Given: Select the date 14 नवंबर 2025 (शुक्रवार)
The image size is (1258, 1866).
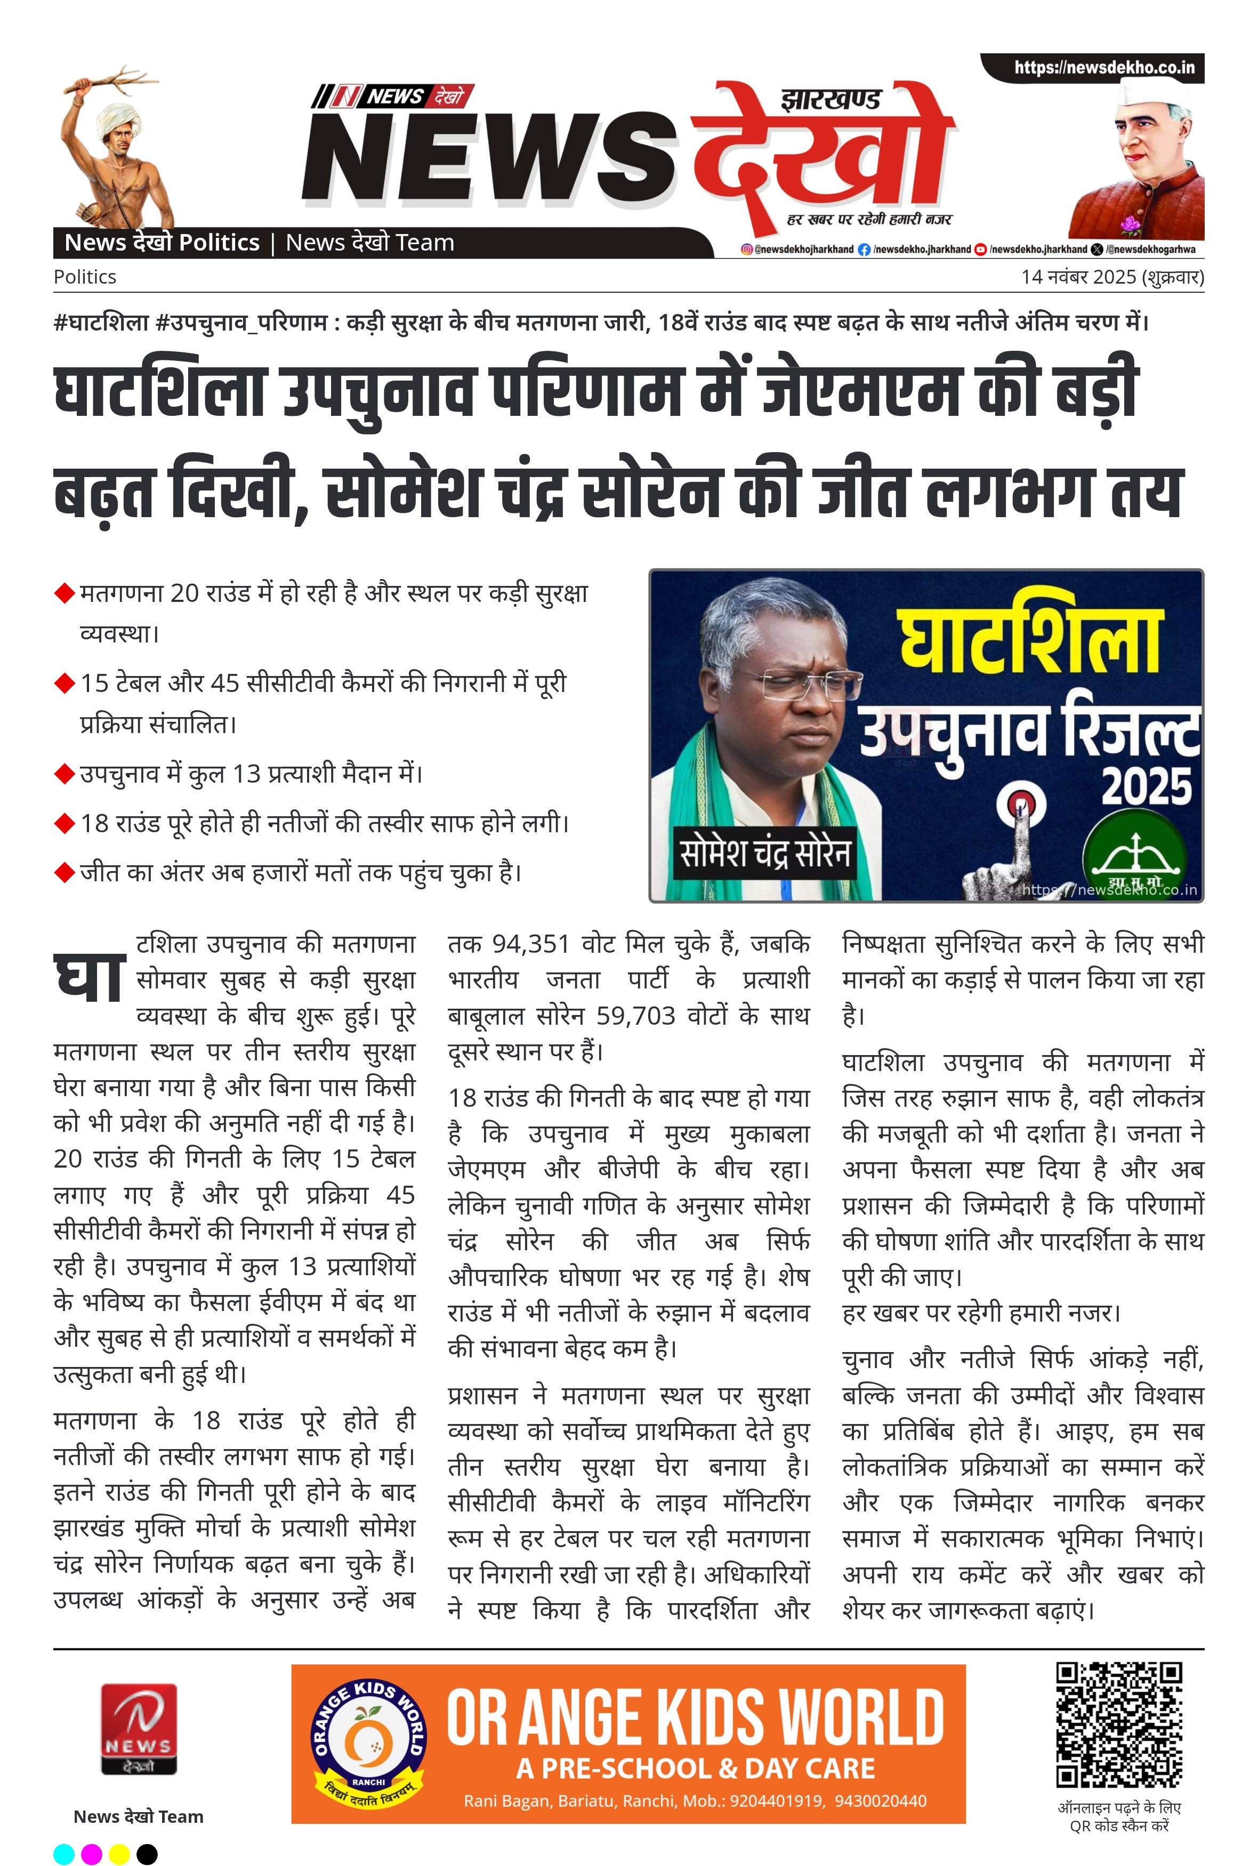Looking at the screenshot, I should click(x=1112, y=277).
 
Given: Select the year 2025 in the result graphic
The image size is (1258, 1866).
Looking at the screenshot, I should click(x=1145, y=786).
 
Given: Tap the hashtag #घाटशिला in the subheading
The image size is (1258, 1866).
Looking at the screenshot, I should click(x=101, y=323).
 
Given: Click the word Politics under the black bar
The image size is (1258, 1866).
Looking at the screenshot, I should click(x=85, y=277).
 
